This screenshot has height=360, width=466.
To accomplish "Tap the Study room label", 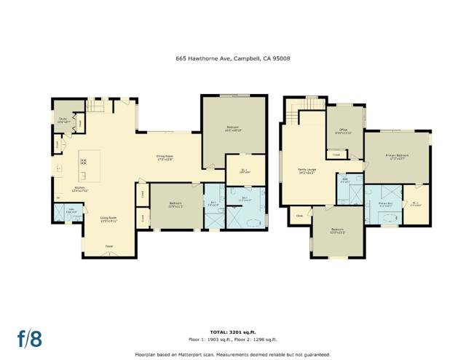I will (63, 121).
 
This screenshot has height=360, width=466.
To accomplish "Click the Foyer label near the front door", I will (108, 246).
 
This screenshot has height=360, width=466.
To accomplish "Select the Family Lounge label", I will (306, 173).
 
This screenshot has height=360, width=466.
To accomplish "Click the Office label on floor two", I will (343, 132).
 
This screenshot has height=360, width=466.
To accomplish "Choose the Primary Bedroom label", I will (396, 157).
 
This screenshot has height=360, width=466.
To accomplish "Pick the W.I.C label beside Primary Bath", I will (415, 203).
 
